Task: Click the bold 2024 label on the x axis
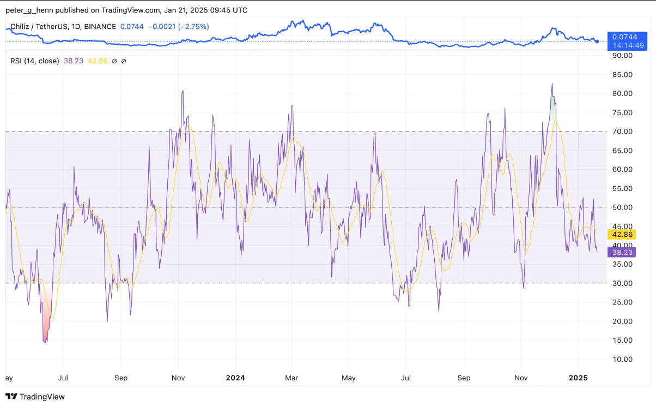click(x=235, y=378)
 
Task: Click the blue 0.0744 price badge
click(x=624, y=37)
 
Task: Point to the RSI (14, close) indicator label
click(x=34, y=61)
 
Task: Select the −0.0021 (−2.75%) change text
click(x=176, y=27)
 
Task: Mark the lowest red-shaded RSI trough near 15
click(x=45, y=342)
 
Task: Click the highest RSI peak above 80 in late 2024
click(x=552, y=84)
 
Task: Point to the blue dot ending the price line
click(x=597, y=41)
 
